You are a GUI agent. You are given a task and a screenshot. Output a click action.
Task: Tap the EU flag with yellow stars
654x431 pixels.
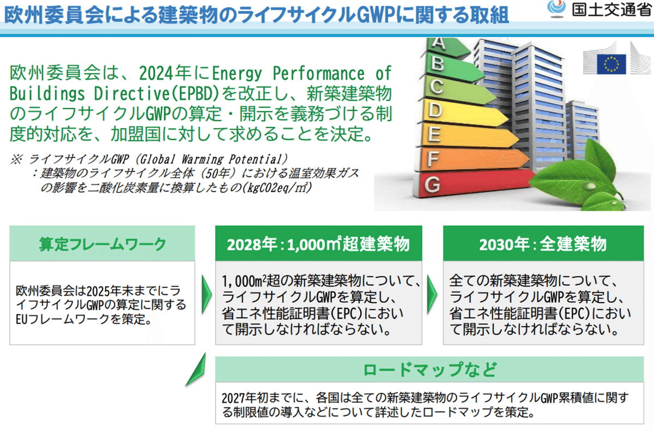point(611,64)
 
